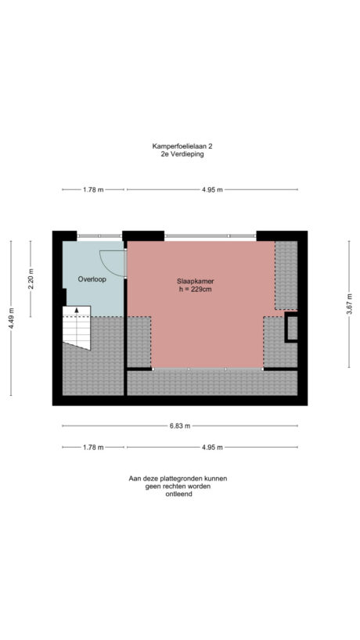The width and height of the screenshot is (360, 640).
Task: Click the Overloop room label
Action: pos(92,279)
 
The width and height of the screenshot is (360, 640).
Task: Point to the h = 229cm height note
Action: pos(196,289)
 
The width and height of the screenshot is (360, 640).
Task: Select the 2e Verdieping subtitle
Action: pos(179,154)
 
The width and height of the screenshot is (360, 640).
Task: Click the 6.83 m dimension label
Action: pos(179,426)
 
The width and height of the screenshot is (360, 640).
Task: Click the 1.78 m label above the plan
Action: pos(92,189)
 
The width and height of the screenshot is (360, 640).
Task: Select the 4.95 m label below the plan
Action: pos(211,447)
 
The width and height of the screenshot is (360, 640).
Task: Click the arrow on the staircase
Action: pos(76,311)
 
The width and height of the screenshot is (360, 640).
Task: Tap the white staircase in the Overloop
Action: pos(77,327)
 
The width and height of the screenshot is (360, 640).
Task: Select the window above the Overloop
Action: pos(99,235)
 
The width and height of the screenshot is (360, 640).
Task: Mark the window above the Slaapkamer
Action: pos(210,235)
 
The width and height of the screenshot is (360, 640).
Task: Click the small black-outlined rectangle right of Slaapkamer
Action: pos(291,328)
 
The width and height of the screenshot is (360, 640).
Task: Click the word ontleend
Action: pos(179,494)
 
